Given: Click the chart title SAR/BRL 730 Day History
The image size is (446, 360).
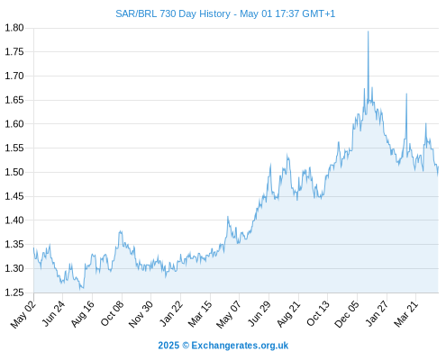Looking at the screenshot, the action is tap(173, 13).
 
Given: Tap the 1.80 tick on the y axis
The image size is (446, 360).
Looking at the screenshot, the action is tap(14, 28).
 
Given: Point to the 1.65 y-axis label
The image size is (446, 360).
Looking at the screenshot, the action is tap(14, 100).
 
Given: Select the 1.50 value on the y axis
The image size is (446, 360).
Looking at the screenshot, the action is tap(14, 172).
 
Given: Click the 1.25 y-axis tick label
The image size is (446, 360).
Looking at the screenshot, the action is tap(14, 292).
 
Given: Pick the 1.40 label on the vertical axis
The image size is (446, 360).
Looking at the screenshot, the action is tap(14, 220).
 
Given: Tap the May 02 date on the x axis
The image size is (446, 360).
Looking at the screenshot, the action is tap(23, 314).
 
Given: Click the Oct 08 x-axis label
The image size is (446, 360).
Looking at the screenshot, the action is tap(112, 313).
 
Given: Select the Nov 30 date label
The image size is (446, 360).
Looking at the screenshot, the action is tap(141, 314).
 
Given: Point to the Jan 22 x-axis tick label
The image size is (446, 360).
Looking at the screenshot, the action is tap(171, 313).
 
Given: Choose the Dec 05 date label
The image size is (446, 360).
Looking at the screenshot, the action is tap(346, 314).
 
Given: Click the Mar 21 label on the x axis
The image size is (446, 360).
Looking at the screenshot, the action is tap(405, 314).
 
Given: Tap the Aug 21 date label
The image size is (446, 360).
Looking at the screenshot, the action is tap(288, 314).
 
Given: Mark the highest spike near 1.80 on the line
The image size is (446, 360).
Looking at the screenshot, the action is tap(368, 31).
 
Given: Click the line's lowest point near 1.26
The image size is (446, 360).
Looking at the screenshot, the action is tap(80, 290).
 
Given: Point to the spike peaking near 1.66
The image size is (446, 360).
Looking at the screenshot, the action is tap(406, 94).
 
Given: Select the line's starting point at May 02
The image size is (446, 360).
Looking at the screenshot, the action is tap(33, 247).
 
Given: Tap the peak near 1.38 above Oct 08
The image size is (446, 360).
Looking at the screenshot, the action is tap(121, 231).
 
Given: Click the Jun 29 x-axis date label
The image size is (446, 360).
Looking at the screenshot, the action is tap(259, 314).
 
